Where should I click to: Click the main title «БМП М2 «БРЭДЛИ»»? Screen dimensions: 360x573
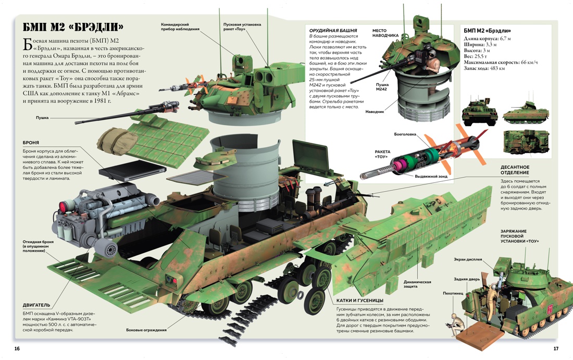[x=73, y=27]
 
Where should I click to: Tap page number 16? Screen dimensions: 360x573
[x=17, y=349]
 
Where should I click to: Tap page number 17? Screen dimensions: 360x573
[x=556, y=349]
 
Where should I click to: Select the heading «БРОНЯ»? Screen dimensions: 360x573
[x=31, y=143]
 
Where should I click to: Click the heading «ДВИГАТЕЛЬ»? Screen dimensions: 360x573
[x=36, y=305]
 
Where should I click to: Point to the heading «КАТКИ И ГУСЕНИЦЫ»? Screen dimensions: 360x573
[x=359, y=301]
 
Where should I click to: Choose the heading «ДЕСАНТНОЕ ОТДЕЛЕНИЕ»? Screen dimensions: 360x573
[x=515, y=170]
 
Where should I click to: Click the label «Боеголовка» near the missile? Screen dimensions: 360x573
[x=405, y=134]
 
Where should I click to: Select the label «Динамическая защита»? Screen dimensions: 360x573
[x=417, y=284]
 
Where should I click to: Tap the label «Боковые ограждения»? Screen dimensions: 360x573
[x=146, y=330]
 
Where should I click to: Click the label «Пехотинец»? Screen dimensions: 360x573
[x=453, y=293]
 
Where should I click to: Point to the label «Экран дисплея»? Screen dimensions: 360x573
[x=468, y=259]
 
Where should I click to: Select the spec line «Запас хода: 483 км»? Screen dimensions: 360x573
[x=484, y=69]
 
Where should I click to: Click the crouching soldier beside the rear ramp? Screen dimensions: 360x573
[x=454, y=323]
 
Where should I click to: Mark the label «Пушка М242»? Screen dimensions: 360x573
[x=382, y=86]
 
